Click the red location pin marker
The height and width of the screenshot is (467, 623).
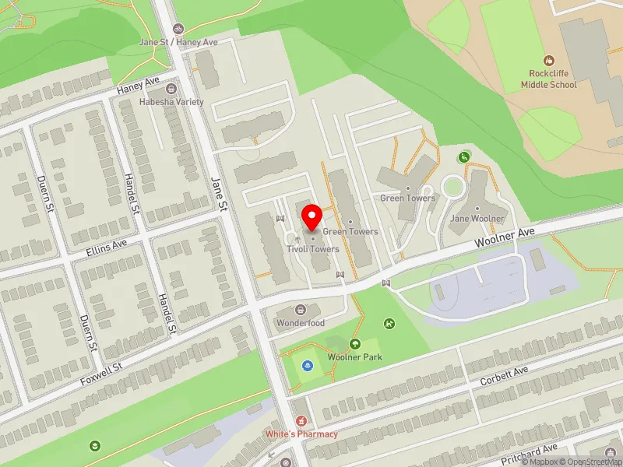pos(312,217)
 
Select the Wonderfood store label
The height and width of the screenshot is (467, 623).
pos(300,323)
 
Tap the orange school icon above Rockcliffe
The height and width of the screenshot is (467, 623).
pos(549,60)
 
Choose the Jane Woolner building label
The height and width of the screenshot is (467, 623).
pos(477,219)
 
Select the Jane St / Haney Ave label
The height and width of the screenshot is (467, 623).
pos(178,41)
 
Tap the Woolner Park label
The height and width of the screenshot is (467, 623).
pos(354,356)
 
